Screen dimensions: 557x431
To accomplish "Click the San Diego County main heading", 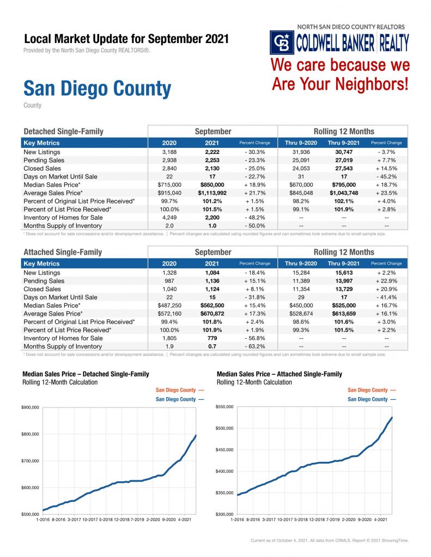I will pos(97,88).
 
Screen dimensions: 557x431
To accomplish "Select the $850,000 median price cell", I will pos(213,185).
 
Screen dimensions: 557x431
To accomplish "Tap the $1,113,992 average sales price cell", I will pos(213,193).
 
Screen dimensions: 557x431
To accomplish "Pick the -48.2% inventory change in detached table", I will pos(254,218).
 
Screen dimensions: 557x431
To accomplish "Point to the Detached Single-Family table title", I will pos(63,132).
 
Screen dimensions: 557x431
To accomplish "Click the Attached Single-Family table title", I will pos(63,252).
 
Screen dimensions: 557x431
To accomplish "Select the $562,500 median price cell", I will pos(213,306).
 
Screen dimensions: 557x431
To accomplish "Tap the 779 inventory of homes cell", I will pos(213,338).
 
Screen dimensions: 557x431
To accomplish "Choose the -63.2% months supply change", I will pos(254,346).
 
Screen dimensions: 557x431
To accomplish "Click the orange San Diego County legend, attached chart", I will pos(371,390).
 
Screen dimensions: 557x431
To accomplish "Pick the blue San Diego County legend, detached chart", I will pos(180,399).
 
